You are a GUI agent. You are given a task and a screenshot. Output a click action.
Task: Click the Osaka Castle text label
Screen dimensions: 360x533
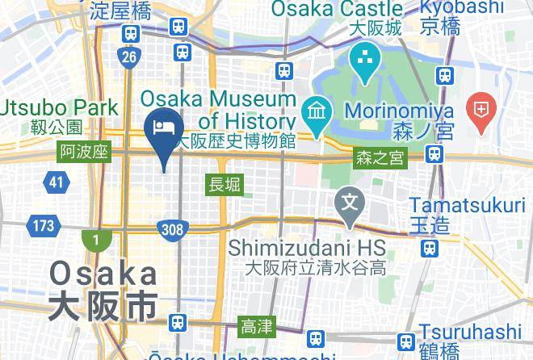(x=337, y=10)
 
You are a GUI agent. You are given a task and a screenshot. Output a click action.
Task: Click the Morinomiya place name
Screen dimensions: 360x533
(x=398, y=110)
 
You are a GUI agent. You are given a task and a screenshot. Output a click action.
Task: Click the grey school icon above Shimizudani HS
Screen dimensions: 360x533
(x=350, y=199)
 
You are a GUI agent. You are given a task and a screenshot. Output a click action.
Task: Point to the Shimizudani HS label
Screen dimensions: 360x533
(x=306, y=245)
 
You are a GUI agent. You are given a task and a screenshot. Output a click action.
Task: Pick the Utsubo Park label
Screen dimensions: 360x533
(x=61, y=107)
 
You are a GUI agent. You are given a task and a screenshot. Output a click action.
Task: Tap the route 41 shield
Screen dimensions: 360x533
(x=55, y=182)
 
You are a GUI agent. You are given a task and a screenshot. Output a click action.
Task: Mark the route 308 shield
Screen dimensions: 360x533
(x=171, y=230)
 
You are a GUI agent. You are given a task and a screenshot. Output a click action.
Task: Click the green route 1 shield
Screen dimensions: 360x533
(x=95, y=239)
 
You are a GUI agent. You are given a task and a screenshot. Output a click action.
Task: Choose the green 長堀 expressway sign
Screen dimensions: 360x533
(x=225, y=184)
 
